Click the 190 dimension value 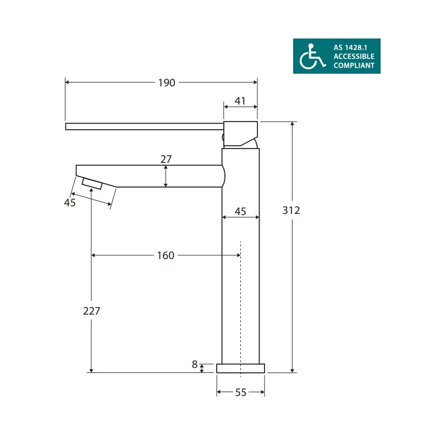[x=166, y=83]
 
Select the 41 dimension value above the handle [x=240, y=101]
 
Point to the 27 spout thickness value [x=166, y=159]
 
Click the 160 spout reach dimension [x=165, y=255]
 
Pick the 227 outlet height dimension [x=91, y=311]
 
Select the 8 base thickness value [x=195, y=364]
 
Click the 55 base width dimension [x=240, y=392]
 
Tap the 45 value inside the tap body [x=240, y=211]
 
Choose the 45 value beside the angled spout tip [x=70, y=202]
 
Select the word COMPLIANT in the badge [x=354, y=65]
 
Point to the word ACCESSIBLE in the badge [x=354, y=56]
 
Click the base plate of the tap [x=240, y=368]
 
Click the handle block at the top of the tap [x=240, y=132]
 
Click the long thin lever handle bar [x=143, y=126]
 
